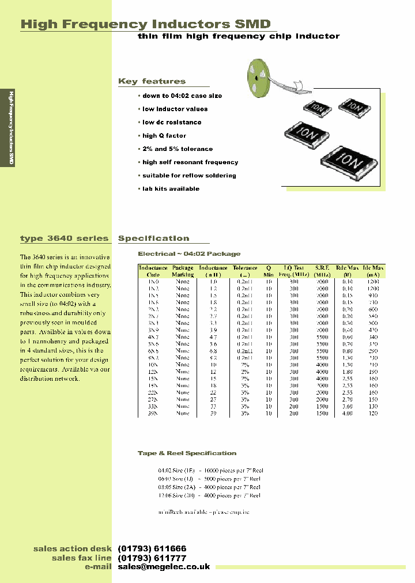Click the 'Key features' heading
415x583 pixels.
152,81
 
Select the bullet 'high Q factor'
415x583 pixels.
164,135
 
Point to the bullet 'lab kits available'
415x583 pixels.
170,188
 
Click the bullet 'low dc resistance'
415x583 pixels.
171,122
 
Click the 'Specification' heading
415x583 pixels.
153,238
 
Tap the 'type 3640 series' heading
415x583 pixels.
64,238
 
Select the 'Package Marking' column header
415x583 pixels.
183,271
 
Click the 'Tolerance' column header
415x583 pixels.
245,271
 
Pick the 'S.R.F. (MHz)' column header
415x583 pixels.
322,271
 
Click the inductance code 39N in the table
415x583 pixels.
153,414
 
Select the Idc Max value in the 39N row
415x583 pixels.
373,414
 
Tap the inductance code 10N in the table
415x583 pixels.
153,365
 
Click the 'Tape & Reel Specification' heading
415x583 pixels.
187,453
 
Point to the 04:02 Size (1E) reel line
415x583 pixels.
210,470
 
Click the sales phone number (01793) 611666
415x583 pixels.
152,548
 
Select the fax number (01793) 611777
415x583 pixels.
152,558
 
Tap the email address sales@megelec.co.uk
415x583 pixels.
164,567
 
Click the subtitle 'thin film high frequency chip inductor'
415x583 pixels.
238,36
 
